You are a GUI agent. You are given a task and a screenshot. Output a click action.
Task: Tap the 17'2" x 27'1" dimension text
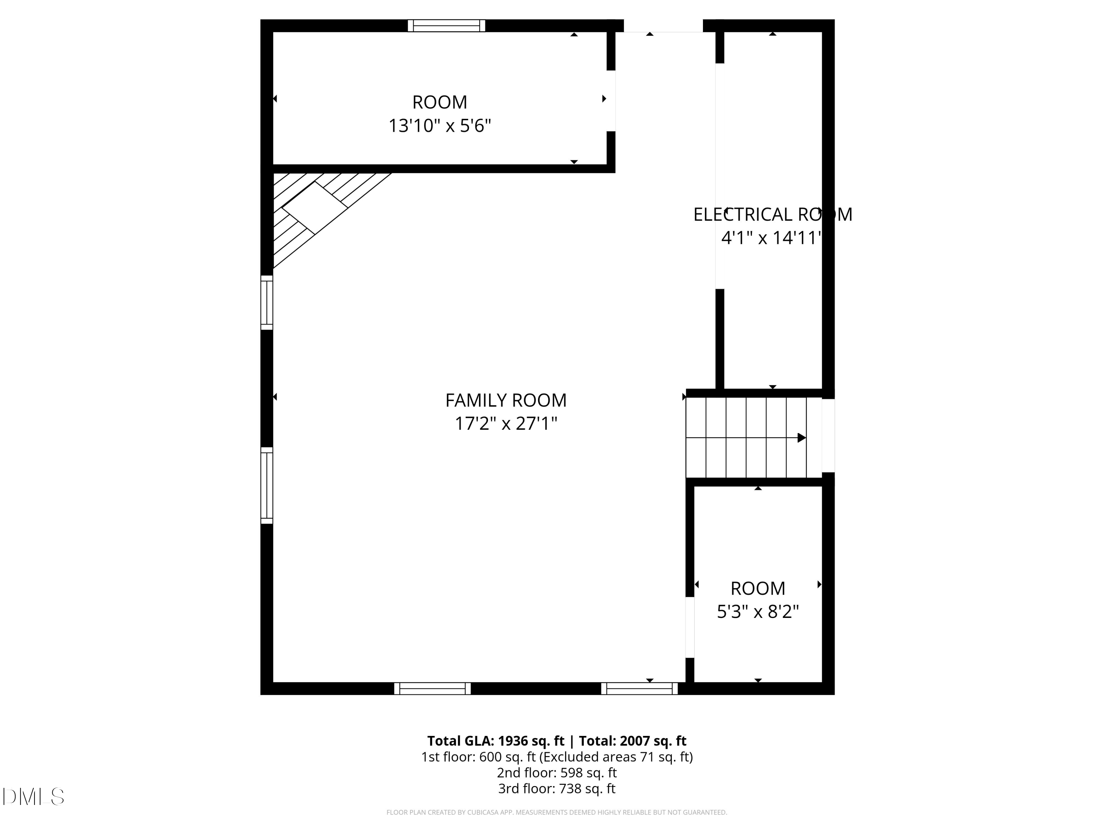[x=506, y=424]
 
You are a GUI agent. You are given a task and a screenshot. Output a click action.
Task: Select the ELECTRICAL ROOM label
[x=772, y=215]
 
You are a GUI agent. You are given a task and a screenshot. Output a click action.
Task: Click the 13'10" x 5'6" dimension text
[x=439, y=126]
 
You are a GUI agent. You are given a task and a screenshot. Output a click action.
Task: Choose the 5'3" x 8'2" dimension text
[x=758, y=612]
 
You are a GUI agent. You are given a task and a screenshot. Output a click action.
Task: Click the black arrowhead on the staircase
[x=801, y=438]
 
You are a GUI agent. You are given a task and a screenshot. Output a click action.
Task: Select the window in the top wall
[x=446, y=26]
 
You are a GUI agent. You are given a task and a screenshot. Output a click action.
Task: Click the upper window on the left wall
[x=266, y=302]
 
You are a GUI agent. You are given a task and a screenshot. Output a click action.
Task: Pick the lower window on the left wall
[x=266, y=486]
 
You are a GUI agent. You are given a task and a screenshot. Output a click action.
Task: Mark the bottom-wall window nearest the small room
[x=639, y=688]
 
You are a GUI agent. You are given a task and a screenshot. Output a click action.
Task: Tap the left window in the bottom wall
[x=432, y=688]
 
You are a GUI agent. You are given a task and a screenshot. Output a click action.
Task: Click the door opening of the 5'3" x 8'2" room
[x=690, y=627]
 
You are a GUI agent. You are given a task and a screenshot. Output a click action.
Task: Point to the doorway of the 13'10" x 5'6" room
[x=610, y=101]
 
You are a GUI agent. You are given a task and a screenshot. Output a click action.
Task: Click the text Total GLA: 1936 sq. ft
[x=496, y=741]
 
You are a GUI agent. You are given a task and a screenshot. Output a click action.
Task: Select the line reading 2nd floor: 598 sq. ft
[x=557, y=773]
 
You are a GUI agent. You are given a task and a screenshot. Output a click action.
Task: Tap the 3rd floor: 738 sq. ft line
[x=557, y=789]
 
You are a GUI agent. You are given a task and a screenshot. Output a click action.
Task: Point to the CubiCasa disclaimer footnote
[x=557, y=812]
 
